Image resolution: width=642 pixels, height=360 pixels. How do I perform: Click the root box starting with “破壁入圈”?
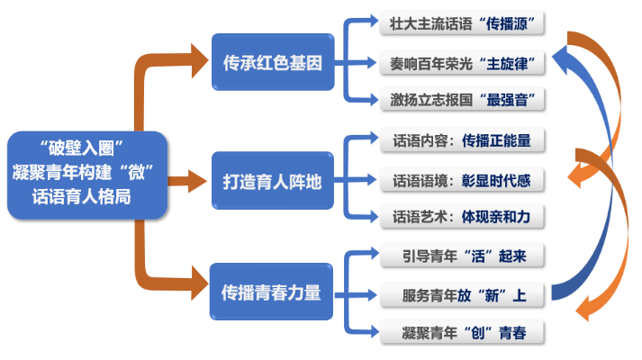[86, 175]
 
